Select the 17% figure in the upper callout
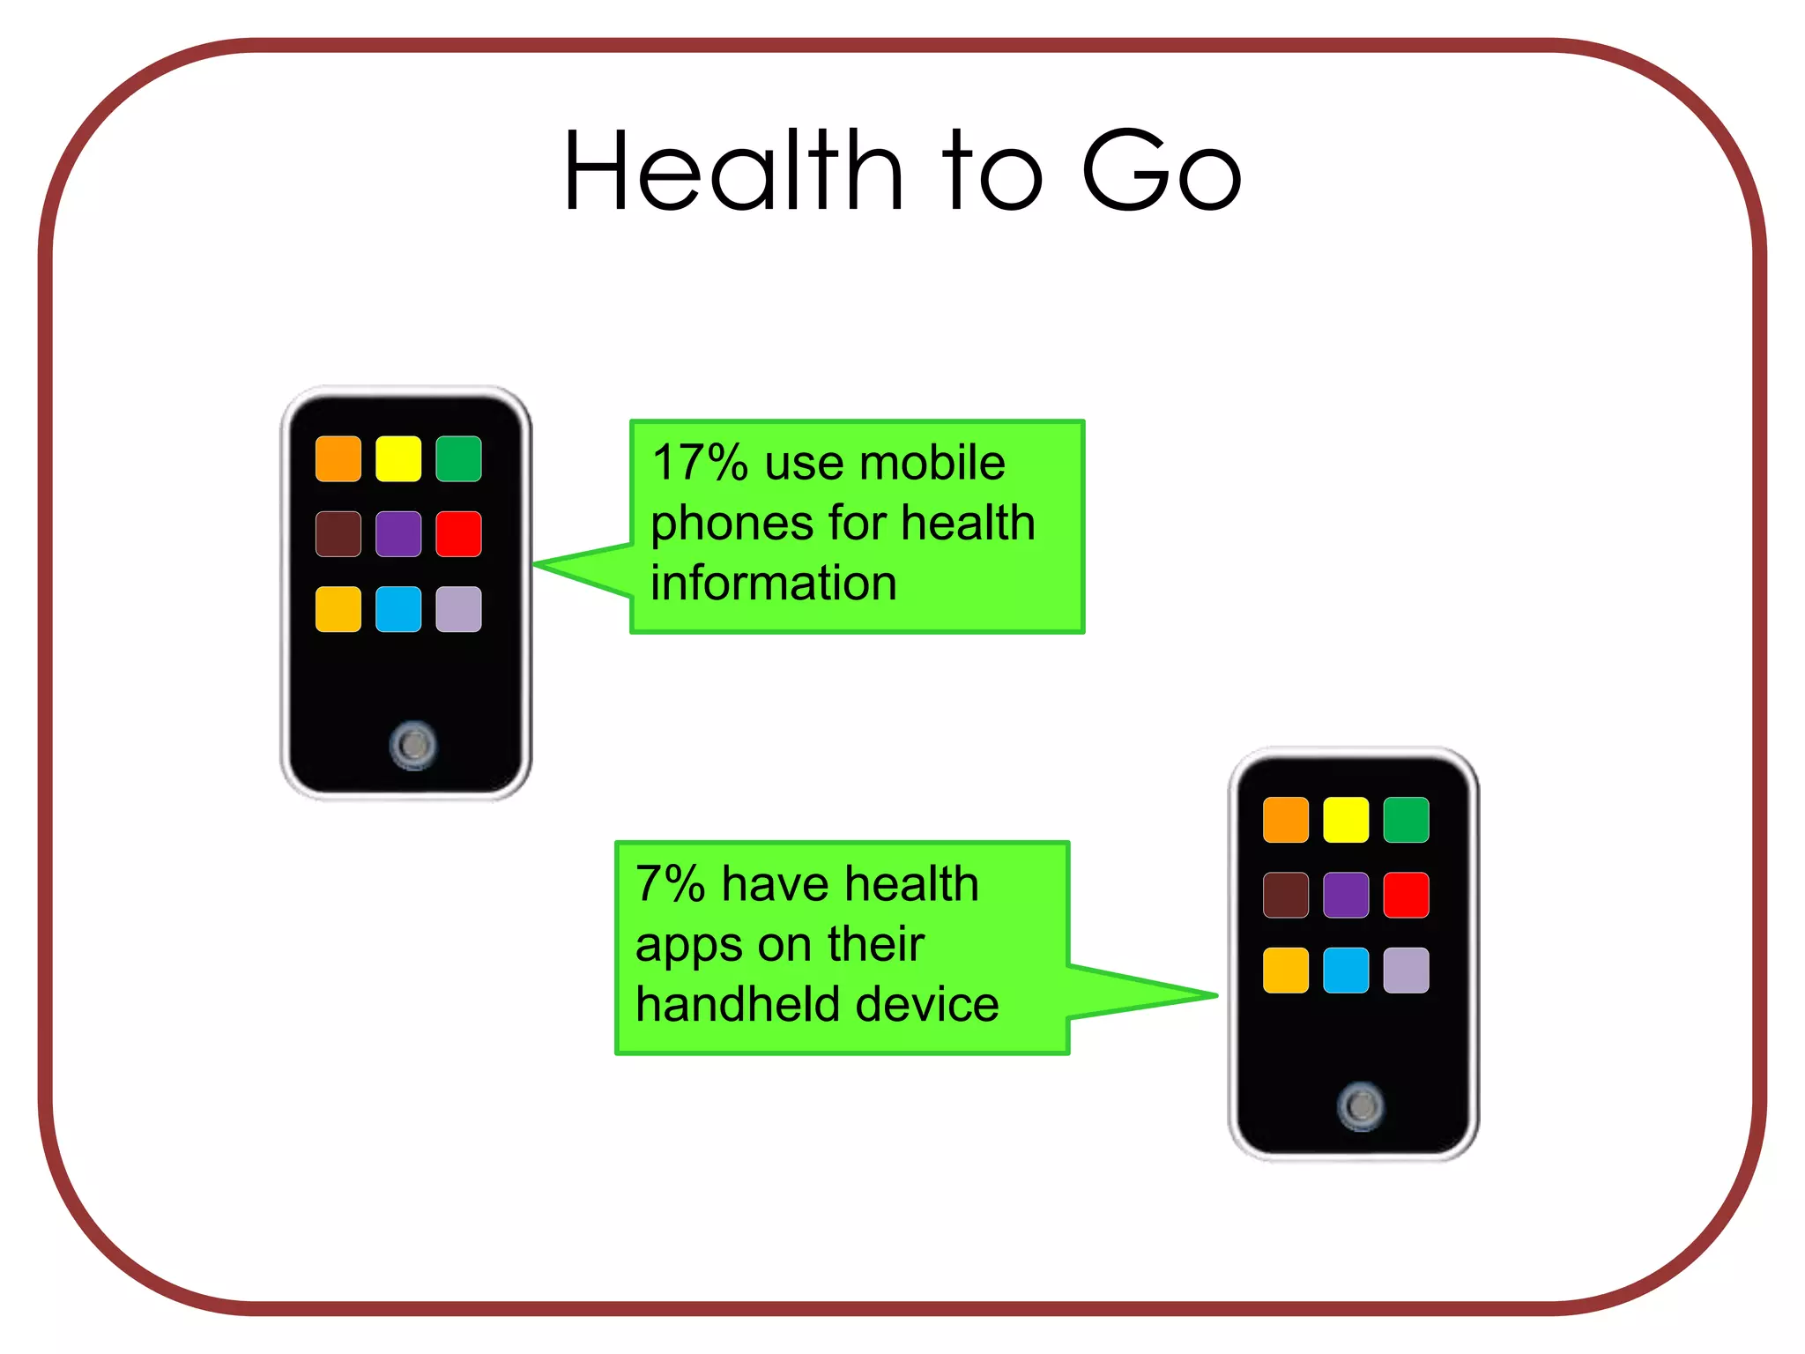coord(700,463)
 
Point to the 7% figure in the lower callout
coord(670,884)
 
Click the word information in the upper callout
coord(774,584)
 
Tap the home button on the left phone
coord(412,746)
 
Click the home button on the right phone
coord(1361,1105)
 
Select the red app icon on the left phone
coord(458,534)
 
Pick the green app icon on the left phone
coord(458,458)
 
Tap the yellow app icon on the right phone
coord(1346,820)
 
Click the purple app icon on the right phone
coord(1346,896)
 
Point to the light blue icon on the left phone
coord(398,609)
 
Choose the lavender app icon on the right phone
coord(1406,971)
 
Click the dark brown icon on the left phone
coord(338,534)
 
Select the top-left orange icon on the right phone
coord(1286,820)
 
